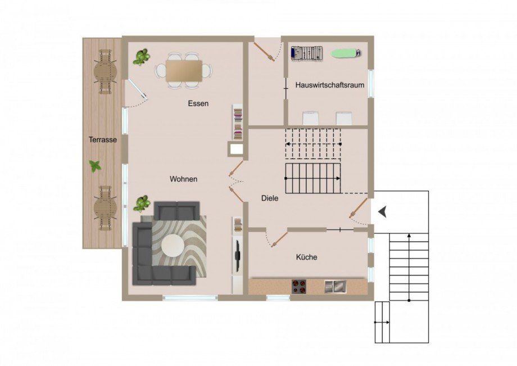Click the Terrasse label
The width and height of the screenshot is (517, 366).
pyautogui.click(x=102, y=140)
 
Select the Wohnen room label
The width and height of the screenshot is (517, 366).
pyautogui.click(x=184, y=179)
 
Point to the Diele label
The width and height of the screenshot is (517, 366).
pyautogui.click(x=270, y=198)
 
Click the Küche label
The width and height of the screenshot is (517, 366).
pyautogui.click(x=307, y=257)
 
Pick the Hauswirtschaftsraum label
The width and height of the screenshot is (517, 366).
pyautogui.click(x=330, y=85)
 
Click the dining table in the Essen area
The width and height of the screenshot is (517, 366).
pyautogui.click(x=184, y=70)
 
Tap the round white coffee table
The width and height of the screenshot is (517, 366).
pyautogui.click(x=173, y=245)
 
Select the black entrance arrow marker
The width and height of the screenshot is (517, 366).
pyautogui.click(x=383, y=211)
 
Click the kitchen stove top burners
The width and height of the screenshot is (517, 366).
pyautogui.click(x=299, y=286)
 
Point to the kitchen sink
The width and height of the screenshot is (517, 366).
pyautogui.click(x=335, y=286)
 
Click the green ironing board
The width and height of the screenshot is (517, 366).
pyautogui.click(x=345, y=53)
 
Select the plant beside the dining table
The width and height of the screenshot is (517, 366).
pyautogui.click(x=141, y=56)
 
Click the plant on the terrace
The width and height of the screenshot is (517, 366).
pyautogui.click(x=95, y=166)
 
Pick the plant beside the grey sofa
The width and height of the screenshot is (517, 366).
pyautogui.click(x=141, y=204)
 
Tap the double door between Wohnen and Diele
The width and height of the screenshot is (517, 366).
pyautogui.click(x=237, y=177)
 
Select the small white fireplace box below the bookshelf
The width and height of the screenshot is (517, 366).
pyautogui.click(x=236, y=150)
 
